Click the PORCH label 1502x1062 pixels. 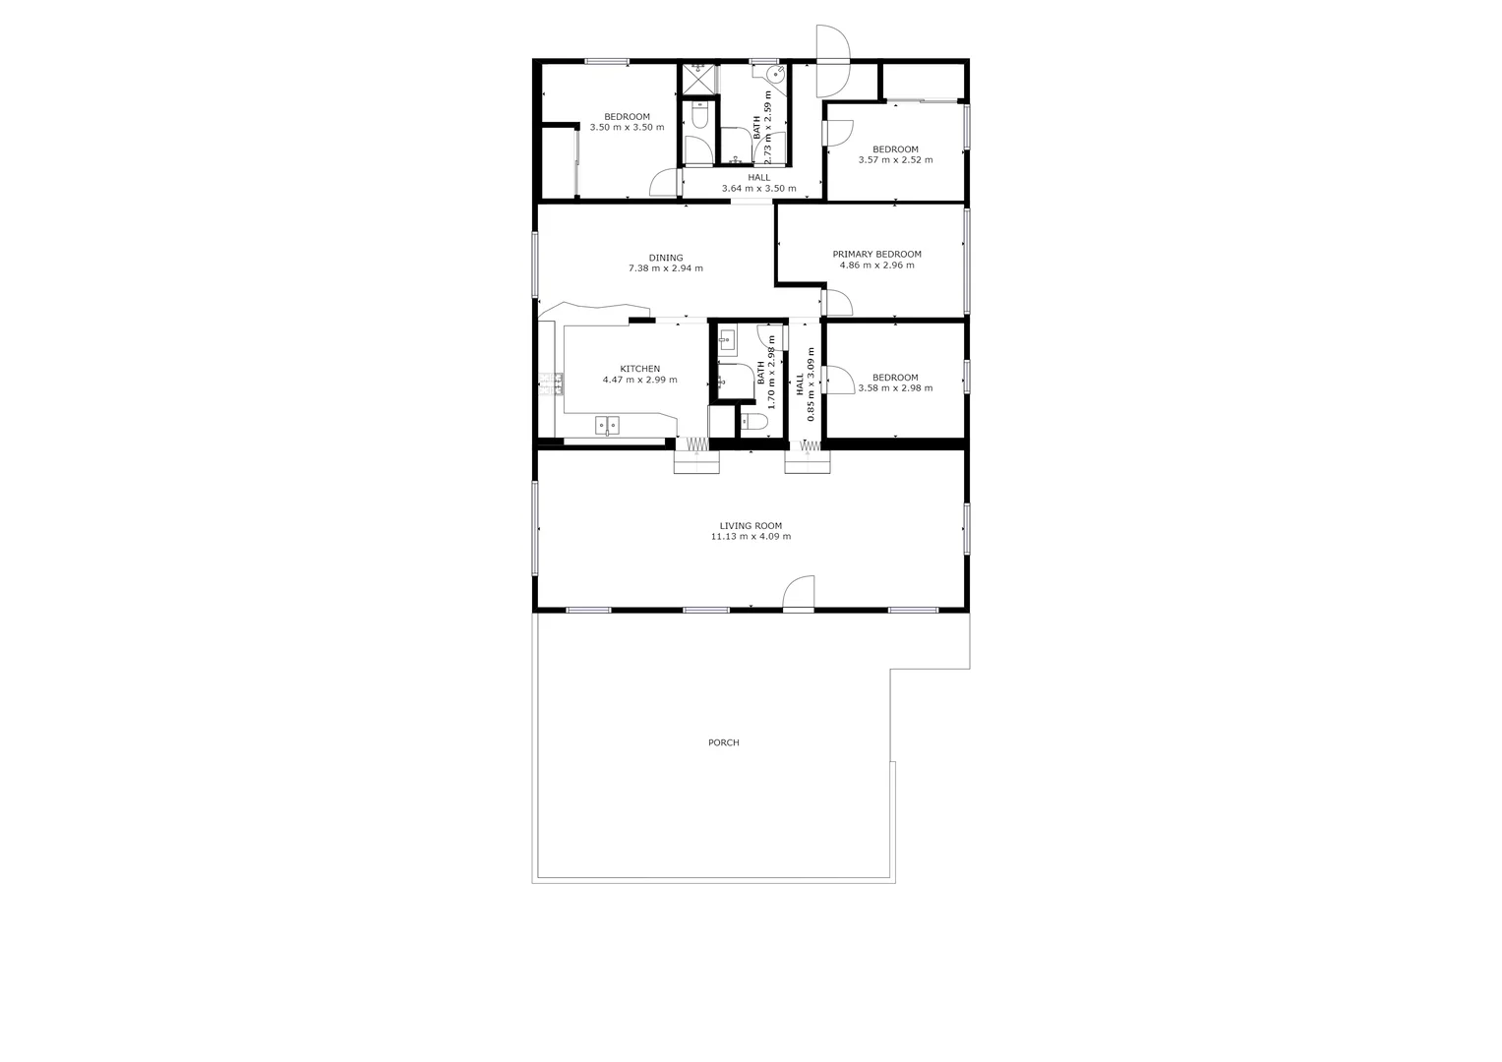point(723,742)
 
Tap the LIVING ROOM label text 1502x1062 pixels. point(751,526)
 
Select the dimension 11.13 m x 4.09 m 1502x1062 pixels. point(751,537)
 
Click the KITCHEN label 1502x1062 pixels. point(639,369)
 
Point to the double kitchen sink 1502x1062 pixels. point(608,426)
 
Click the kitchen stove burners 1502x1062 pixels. point(549,383)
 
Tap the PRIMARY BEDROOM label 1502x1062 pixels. point(876,254)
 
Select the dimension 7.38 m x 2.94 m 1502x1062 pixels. point(666,268)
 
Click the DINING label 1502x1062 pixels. point(666,258)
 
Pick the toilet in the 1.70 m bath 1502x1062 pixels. point(753,423)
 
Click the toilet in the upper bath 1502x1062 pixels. point(699,117)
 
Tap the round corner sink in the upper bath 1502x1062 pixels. point(776,74)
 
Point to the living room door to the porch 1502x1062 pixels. point(800,594)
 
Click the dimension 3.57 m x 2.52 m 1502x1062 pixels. point(895,160)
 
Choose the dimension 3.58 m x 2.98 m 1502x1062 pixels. point(895,388)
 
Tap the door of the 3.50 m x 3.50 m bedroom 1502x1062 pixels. point(663,183)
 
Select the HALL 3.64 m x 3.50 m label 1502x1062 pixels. point(758,183)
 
